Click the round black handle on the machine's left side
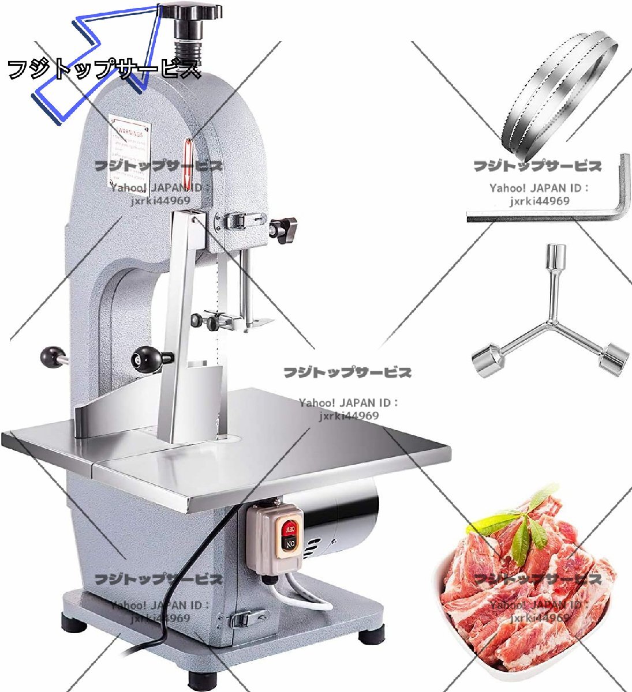tap(53, 355)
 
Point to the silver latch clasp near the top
tap(238, 220)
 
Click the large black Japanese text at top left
tap(104, 70)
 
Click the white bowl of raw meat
tap(522, 600)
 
